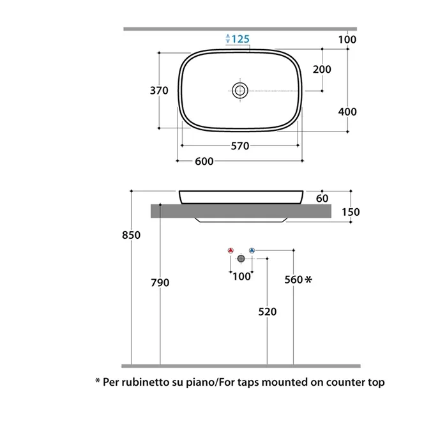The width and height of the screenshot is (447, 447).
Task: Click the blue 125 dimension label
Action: [240, 39]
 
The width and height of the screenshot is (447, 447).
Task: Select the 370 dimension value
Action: [159, 91]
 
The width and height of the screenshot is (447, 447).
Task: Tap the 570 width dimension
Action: [240, 146]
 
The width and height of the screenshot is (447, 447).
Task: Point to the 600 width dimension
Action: [204, 162]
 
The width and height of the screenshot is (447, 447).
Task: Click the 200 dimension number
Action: [322, 69]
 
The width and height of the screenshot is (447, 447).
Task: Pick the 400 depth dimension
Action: [347, 112]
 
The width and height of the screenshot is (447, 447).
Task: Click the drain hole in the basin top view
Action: [240, 91]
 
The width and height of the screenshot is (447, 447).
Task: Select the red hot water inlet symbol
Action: [231, 250]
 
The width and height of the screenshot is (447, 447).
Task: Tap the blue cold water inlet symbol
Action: [252, 250]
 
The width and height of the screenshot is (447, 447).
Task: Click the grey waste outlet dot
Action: [241, 259]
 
